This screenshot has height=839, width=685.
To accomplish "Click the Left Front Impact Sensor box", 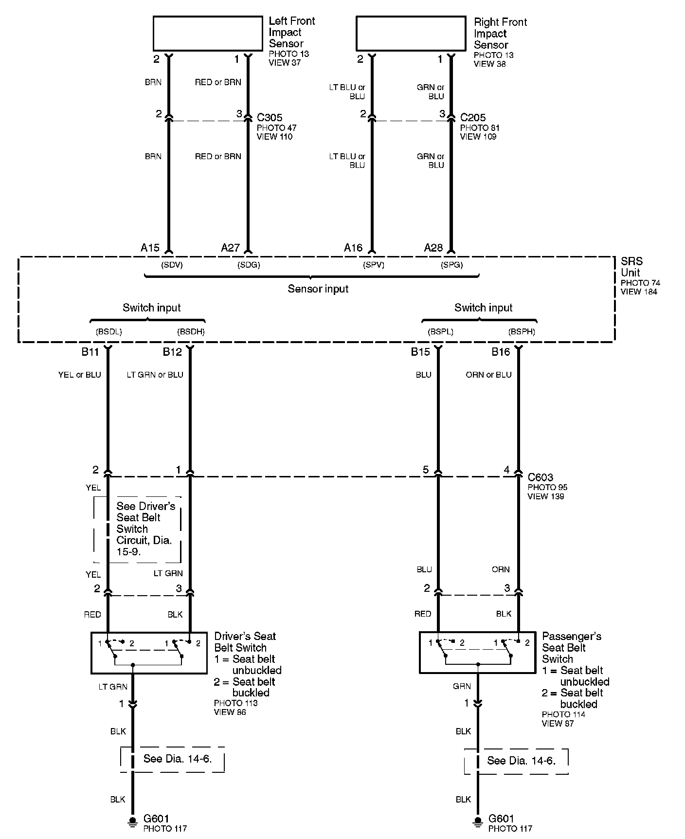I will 208,33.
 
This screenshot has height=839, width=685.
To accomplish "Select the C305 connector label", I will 270,118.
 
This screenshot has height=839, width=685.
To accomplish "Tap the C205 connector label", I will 473,118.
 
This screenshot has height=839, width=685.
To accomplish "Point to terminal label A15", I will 150,248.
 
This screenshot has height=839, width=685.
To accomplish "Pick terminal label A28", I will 433,248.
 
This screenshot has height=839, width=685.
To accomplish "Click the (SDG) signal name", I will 249,265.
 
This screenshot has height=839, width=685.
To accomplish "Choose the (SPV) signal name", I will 374,265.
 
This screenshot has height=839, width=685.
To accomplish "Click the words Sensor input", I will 318,289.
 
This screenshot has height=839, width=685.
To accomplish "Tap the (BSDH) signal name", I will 191,332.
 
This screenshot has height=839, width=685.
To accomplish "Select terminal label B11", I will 90,352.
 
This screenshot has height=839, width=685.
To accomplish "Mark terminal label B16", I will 501,352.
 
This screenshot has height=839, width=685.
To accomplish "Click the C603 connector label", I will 541,477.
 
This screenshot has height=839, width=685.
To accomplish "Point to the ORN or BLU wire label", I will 488,375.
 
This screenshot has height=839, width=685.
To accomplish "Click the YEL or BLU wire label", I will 79,375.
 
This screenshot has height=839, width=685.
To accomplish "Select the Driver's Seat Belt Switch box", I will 149,653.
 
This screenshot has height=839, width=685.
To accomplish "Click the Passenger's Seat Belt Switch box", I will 478,653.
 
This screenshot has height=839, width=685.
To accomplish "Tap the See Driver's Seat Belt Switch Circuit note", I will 144,529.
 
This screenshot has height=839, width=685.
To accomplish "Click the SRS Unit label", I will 631,267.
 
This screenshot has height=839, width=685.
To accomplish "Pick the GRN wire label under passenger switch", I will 462,686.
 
